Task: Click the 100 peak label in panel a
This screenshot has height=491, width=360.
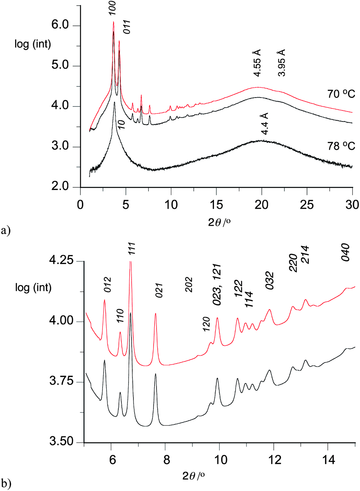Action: [113, 8]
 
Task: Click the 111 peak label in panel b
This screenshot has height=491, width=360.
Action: [132, 249]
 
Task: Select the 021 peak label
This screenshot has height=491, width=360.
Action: [159, 289]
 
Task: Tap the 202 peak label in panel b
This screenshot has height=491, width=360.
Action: [189, 284]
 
